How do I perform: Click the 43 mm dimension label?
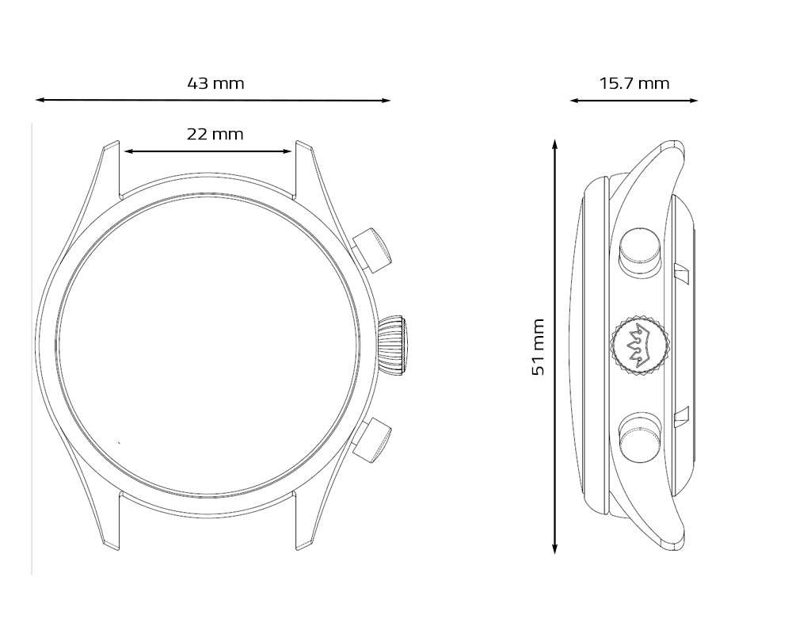coord(215,83)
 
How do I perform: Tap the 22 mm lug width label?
coord(215,135)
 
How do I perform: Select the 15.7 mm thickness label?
coord(634,83)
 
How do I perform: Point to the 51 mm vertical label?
coord(539,347)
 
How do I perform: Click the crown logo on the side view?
coord(640,346)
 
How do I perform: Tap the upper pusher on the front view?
coord(372,250)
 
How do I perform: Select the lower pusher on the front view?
coord(372,439)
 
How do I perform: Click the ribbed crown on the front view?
coord(393,346)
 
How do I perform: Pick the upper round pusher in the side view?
coord(640,252)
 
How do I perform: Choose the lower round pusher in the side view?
coord(640,437)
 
